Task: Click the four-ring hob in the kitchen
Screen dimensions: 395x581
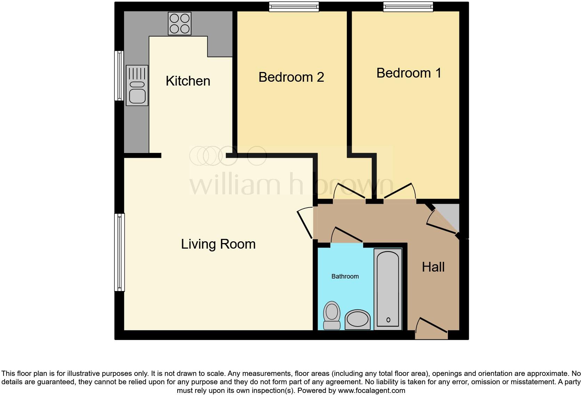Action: click(180, 23)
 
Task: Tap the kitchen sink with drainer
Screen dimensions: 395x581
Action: click(137, 86)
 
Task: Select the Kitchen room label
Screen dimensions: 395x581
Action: click(188, 81)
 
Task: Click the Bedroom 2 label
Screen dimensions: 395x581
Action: click(291, 77)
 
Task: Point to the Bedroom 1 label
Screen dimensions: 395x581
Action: click(409, 73)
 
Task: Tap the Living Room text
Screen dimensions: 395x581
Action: click(218, 244)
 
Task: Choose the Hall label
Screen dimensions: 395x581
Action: click(433, 267)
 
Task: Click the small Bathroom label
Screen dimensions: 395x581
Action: click(345, 276)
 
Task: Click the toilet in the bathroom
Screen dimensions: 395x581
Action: click(332, 315)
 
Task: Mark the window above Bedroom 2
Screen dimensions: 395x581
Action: click(294, 7)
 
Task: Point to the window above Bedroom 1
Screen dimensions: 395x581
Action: click(408, 7)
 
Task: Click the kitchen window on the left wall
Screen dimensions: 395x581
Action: click(119, 76)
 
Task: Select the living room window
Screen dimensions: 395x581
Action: click(119, 252)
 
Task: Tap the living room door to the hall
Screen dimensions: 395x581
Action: click(305, 223)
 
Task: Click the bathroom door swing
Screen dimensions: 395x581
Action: click(347, 236)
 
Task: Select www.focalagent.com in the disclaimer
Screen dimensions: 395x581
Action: click(371, 390)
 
